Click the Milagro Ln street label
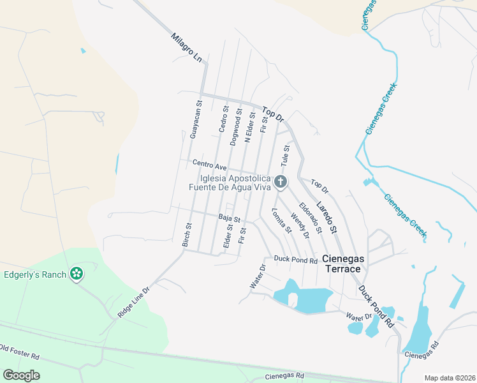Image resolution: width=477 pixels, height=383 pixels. pyautogui.click(x=187, y=48)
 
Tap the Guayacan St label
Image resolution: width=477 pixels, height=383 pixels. pyautogui.click(x=195, y=119)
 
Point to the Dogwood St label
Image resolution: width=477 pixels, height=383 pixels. pyautogui.click(x=235, y=127)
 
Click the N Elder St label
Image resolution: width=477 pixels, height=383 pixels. pyautogui.click(x=251, y=128)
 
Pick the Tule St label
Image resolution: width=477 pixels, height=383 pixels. pyautogui.click(x=286, y=156)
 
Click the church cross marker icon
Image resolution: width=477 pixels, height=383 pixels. pyautogui.click(x=280, y=183)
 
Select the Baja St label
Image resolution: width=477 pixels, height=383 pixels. pyautogui.click(x=229, y=218)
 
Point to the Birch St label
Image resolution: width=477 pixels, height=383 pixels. pyautogui.click(x=187, y=235)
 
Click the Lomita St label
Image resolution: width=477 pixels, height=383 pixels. pyautogui.click(x=281, y=220)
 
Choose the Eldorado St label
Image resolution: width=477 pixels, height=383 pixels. pyautogui.click(x=309, y=217)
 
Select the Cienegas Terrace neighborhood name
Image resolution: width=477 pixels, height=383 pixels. pyautogui.click(x=344, y=264)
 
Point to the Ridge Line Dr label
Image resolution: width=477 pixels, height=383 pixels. pyautogui.click(x=133, y=303)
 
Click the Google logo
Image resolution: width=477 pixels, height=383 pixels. pyautogui.click(x=21, y=375)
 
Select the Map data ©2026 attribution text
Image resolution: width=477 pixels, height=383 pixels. pyautogui.click(x=449, y=378)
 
